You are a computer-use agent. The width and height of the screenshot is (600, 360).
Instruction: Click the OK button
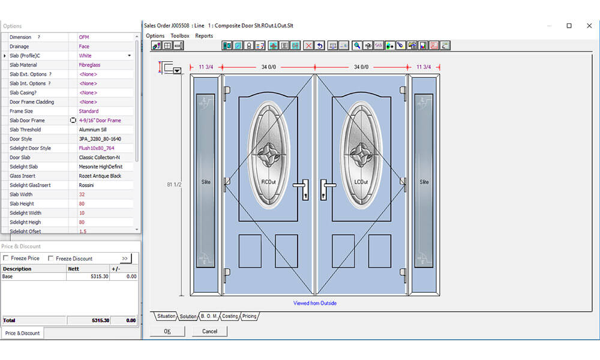pos(167,331)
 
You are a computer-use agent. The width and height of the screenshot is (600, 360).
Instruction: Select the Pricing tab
pos(249,316)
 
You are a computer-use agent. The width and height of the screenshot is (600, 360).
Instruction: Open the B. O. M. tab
pos(208,316)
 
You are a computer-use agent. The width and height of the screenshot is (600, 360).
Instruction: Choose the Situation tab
pos(166,316)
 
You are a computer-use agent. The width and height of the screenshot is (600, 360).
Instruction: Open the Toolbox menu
pos(179,36)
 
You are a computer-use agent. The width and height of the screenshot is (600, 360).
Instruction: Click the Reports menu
pos(204,36)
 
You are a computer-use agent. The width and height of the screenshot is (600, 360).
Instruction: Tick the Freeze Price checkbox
pos(6,259)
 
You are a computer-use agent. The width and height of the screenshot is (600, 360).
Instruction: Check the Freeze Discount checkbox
pos(51,259)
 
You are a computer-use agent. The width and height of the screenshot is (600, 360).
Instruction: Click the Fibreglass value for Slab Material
pos(89,65)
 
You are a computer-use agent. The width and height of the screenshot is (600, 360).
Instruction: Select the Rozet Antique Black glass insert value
pos(100,176)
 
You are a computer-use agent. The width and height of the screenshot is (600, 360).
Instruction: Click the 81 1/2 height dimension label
pos(173,185)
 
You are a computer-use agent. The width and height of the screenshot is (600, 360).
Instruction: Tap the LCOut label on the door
pos(361,182)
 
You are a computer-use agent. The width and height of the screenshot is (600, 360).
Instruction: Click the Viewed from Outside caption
pos(315,303)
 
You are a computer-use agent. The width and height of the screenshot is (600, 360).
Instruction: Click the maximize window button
pos(569,26)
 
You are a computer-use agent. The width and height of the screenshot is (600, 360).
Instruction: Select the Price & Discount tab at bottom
pos(22,333)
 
